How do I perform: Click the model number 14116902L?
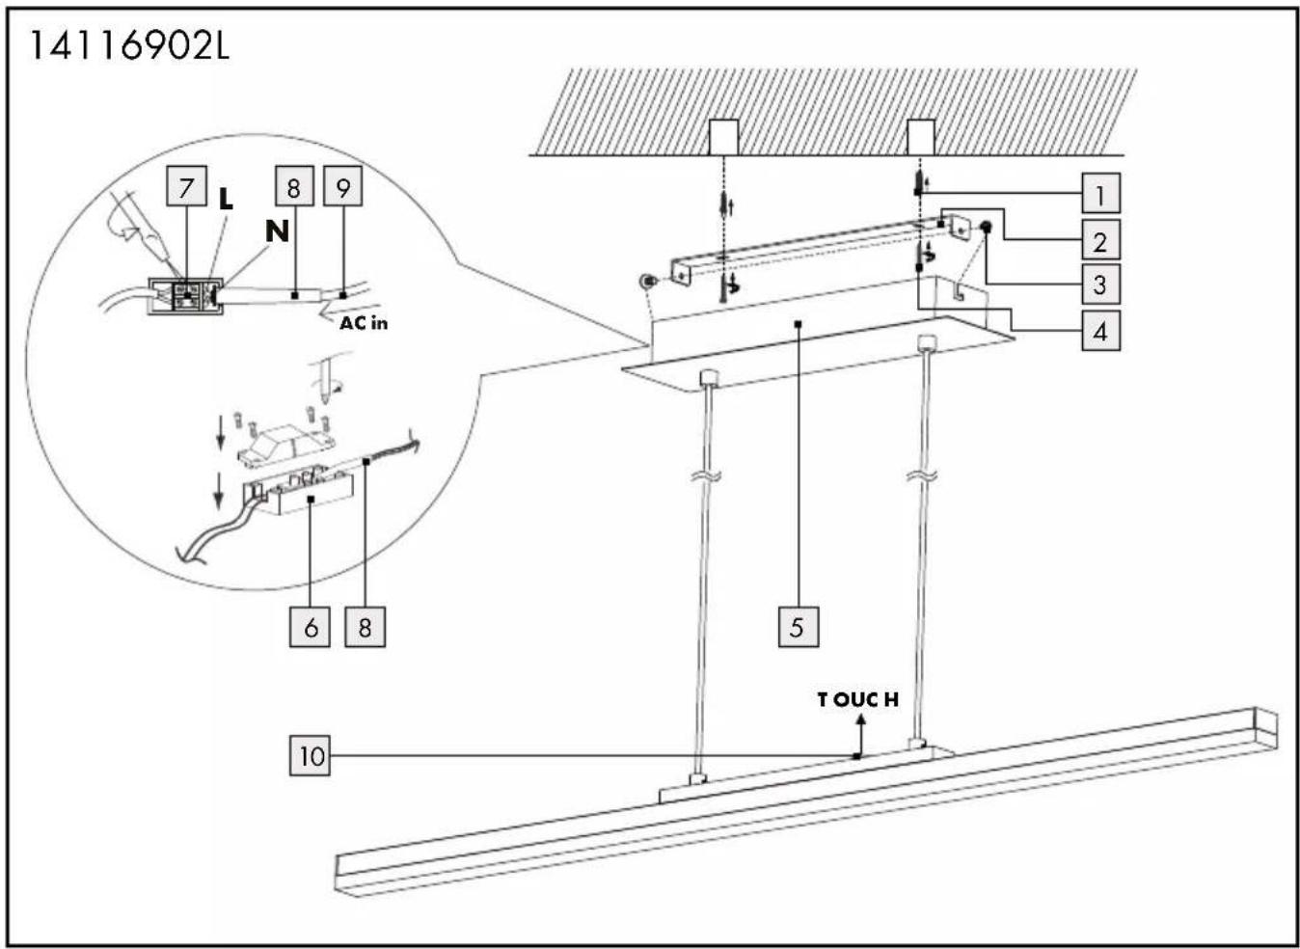(x=130, y=46)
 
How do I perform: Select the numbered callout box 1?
(x=1101, y=193)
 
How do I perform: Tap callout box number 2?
(x=1101, y=239)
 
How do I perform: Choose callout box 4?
(x=1101, y=330)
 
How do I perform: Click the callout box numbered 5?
(x=799, y=627)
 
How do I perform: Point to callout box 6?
(x=310, y=627)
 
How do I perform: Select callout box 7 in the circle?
(x=186, y=186)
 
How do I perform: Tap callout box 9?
(x=343, y=186)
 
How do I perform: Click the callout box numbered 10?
(x=310, y=756)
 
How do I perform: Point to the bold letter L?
(x=225, y=200)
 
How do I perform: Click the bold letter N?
(x=277, y=231)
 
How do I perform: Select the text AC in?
(x=364, y=323)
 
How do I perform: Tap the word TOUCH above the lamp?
(x=857, y=699)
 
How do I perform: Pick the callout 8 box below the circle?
(x=366, y=627)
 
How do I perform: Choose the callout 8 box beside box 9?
(x=294, y=186)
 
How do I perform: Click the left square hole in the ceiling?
(x=723, y=137)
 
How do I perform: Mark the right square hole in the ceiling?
(x=921, y=137)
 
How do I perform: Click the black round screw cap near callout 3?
(x=986, y=227)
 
